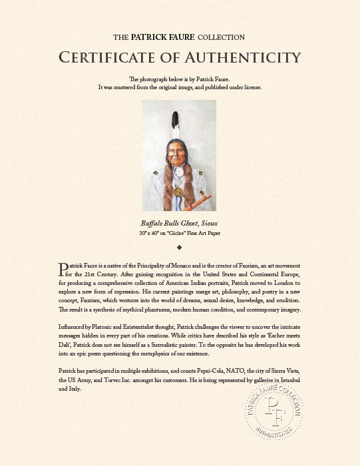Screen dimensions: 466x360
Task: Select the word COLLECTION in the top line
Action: [220, 37]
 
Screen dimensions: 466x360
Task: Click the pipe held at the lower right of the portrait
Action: [203, 197]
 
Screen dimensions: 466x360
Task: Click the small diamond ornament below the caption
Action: [180, 248]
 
